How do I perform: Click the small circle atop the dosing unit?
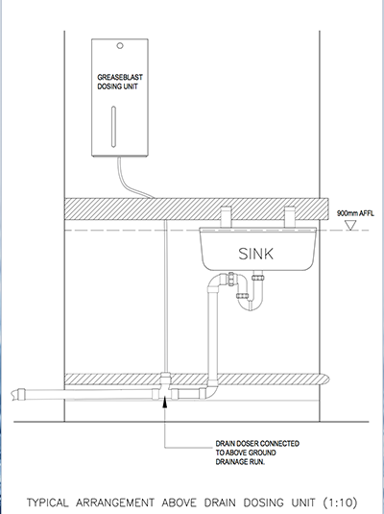tap(120, 46)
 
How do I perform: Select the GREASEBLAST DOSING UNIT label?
tap(120, 82)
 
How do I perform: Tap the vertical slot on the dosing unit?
tap(113, 127)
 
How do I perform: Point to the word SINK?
tap(256, 254)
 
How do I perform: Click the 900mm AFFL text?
tap(355, 213)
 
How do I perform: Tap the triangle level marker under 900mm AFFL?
tap(351, 225)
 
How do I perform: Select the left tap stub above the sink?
tap(226, 217)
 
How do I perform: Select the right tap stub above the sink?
tap(290, 217)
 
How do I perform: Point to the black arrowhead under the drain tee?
tap(165, 402)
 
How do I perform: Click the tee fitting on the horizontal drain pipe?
tap(165, 388)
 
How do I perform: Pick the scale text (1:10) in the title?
tap(340, 502)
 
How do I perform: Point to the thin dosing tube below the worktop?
tap(166, 296)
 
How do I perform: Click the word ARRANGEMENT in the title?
tap(115, 502)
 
